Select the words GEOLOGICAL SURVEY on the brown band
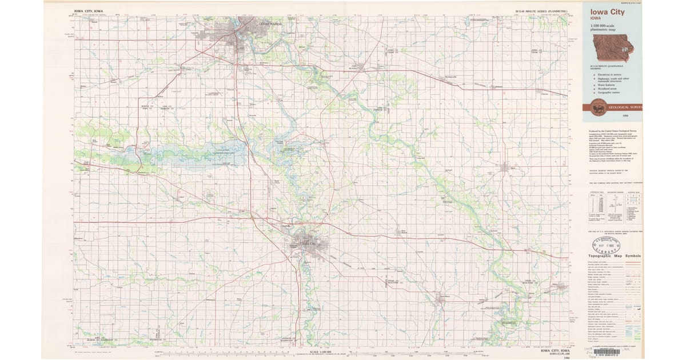point(625,107)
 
